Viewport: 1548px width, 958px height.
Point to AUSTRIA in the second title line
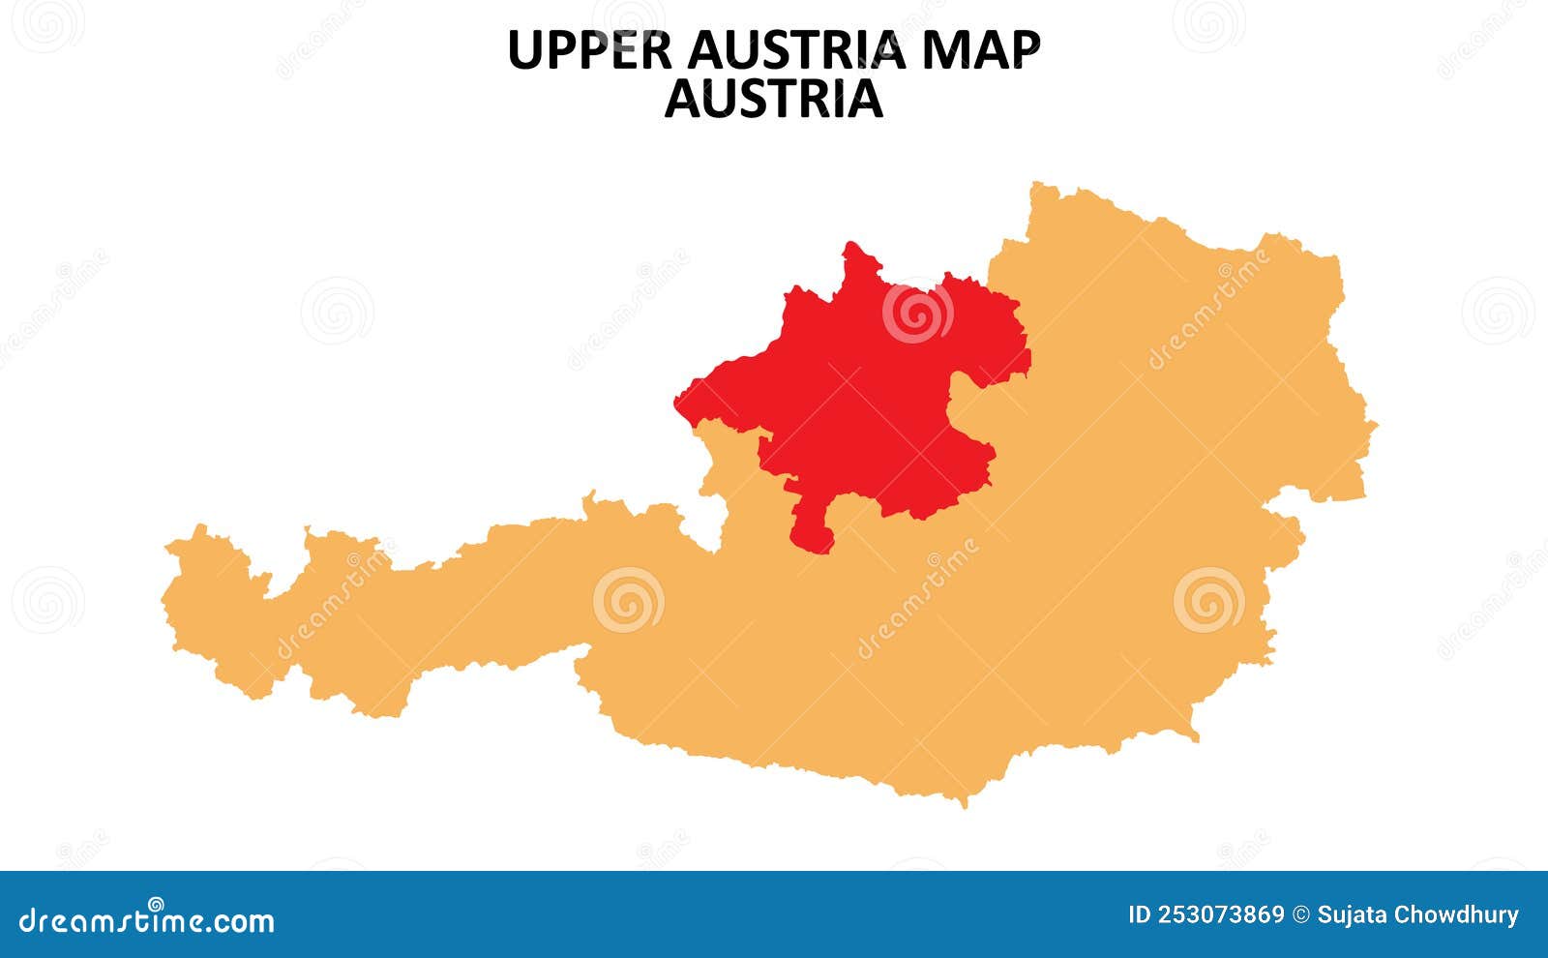(x=774, y=99)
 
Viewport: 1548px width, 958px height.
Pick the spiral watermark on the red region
(x=917, y=312)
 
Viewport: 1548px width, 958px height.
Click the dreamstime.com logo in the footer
(x=147, y=919)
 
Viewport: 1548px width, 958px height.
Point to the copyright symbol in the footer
(x=1301, y=915)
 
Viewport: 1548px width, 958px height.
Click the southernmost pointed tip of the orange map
(x=963, y=802)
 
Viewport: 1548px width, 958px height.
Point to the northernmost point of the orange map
(x=1037, y=185)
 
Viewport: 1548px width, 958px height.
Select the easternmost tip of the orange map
(x=1374, y=424)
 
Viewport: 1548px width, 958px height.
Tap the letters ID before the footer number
(x=1140, y=915)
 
